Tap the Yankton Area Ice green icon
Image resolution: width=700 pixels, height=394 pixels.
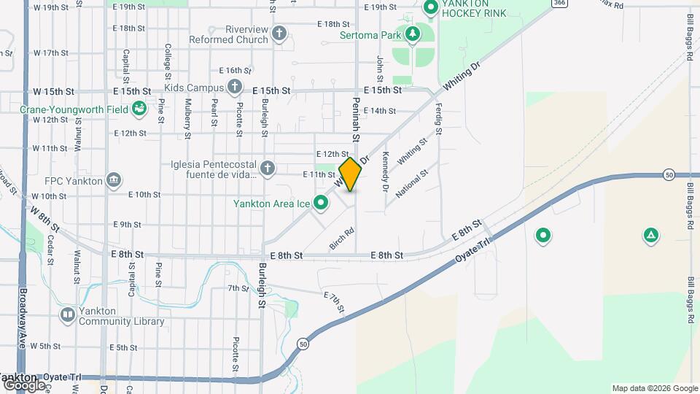320,204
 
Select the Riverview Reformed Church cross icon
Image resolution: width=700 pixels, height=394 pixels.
279,34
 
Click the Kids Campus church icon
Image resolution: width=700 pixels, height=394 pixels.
234,88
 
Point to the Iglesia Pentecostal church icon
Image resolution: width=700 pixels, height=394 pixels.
268,169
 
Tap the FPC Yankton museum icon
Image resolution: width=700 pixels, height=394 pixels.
113,179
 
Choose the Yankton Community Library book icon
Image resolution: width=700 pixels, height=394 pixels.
68,314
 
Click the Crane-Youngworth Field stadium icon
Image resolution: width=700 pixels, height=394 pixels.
139,109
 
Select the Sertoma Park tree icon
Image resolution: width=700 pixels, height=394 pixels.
413,34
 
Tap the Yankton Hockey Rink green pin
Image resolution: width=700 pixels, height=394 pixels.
430,8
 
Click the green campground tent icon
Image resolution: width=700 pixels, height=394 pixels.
650,236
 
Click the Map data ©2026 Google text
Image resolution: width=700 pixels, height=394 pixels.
654,388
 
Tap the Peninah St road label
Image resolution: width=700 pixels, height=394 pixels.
356,120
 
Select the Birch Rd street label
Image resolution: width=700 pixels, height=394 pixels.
342,239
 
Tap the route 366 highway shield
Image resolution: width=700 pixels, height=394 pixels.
559,3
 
